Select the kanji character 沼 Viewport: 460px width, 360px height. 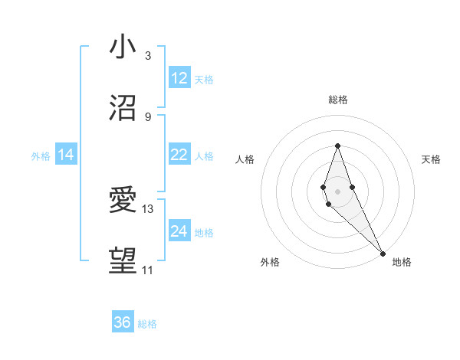tap(123, 107)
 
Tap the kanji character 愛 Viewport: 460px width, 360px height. tap(123, 200)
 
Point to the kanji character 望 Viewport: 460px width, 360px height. tap(123, 261)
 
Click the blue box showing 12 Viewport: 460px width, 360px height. tap(179, 78)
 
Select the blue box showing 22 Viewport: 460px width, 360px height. tap(179, 155)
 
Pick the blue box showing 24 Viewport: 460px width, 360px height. tap(179, 231)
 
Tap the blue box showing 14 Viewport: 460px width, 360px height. tap(66, 155)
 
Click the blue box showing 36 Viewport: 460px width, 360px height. tap(123, 322)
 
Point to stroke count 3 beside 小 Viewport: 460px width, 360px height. tap(148, 56)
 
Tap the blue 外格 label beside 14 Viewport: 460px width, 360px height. tap(41, 155)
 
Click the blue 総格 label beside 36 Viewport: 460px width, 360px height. tap(147, 324)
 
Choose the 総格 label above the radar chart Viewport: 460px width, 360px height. tap(337, 100)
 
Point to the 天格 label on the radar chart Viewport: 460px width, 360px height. tap(431, 159)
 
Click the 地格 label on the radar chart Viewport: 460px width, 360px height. tap(402, 262)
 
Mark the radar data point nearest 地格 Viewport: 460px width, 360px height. tap(383, 253)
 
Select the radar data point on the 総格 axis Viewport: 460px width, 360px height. tap(337, 146)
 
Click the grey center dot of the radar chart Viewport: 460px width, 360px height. tap(337, 190)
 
